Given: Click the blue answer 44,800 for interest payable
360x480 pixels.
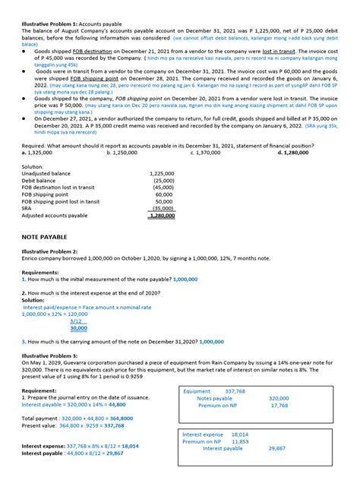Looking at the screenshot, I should click(x=112, y=405).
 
